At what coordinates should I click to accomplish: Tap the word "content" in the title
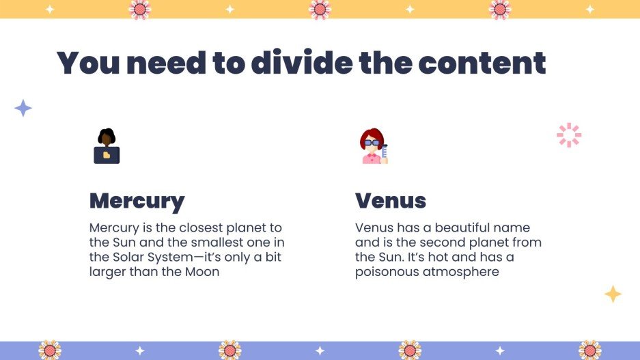(x=482, y=63)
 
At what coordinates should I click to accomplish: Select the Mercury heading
(x=137, y=201)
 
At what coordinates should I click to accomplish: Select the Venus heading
(x=391, y=201)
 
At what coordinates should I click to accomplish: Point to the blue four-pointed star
(x=23, y=108)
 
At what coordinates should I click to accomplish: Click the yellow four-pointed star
(x=613, y=294)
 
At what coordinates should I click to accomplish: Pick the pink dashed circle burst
(x=568, y=135)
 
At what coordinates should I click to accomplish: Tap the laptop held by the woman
(x=107, y=155)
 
